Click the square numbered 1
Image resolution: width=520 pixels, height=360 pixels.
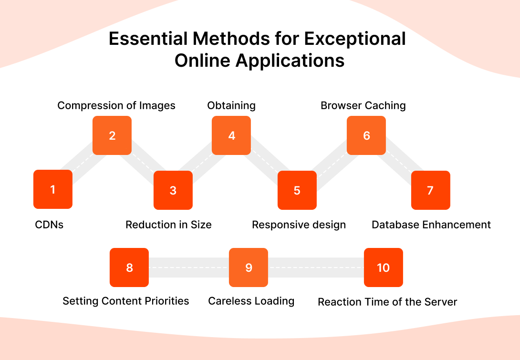coord(53,189)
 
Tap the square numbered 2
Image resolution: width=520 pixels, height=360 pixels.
coord(112,135)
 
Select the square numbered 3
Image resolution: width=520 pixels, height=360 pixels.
coord(173,190)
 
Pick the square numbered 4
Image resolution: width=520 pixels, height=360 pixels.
coord(231,135)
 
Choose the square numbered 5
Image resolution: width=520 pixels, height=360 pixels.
coord(297,190)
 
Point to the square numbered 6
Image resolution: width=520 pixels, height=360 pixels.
coord(366,135)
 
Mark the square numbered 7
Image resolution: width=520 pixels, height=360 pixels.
coord(430,190)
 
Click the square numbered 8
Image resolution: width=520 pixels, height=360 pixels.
coord(129,267)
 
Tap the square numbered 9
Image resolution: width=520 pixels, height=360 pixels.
coord(249,267)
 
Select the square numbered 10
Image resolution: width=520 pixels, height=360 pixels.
coord(384,267)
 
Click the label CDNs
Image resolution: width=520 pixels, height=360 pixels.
coord(49,225)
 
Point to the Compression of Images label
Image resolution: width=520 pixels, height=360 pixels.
coord(116,105)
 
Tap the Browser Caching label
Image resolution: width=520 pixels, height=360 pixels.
coord(363,105)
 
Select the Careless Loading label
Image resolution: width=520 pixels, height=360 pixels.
coord(251,301)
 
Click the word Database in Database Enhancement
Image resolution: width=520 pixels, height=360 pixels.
coord(394,225)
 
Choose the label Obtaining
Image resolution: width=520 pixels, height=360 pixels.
coord(231,105)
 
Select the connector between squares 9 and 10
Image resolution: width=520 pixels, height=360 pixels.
coord(316,267)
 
